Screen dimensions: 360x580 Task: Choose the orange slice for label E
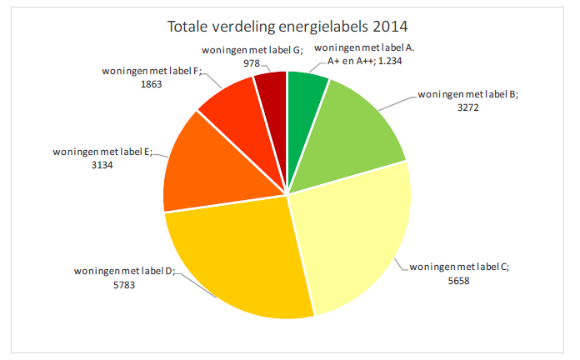(200, 167)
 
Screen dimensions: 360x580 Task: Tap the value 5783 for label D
(121, 285)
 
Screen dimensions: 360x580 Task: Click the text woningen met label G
(251, 50)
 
